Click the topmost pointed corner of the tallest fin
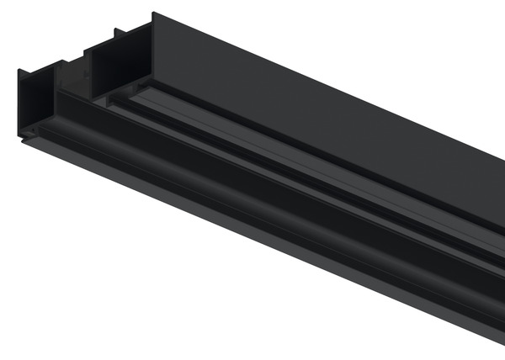tap(153, 13)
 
